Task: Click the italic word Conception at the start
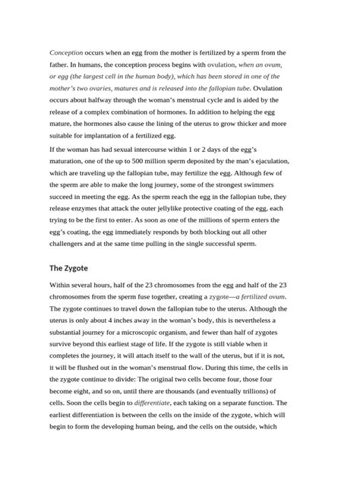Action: tap(66, 52)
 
